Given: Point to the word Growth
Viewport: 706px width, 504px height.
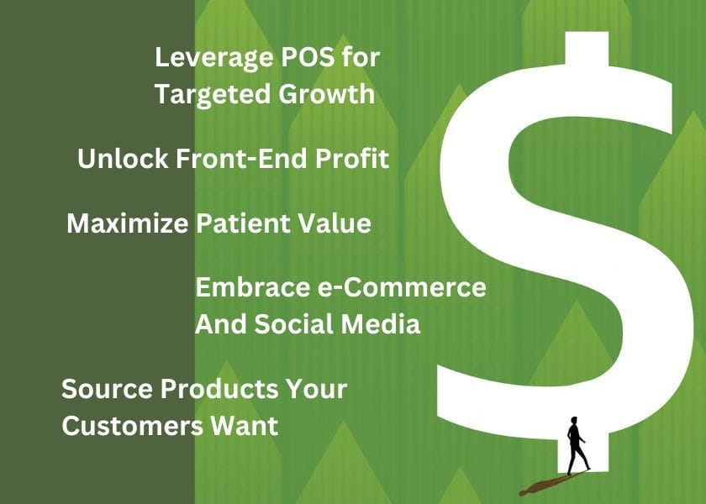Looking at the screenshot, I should (x=325, y=94).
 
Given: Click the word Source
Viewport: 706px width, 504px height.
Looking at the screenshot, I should (x=106, y=390).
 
